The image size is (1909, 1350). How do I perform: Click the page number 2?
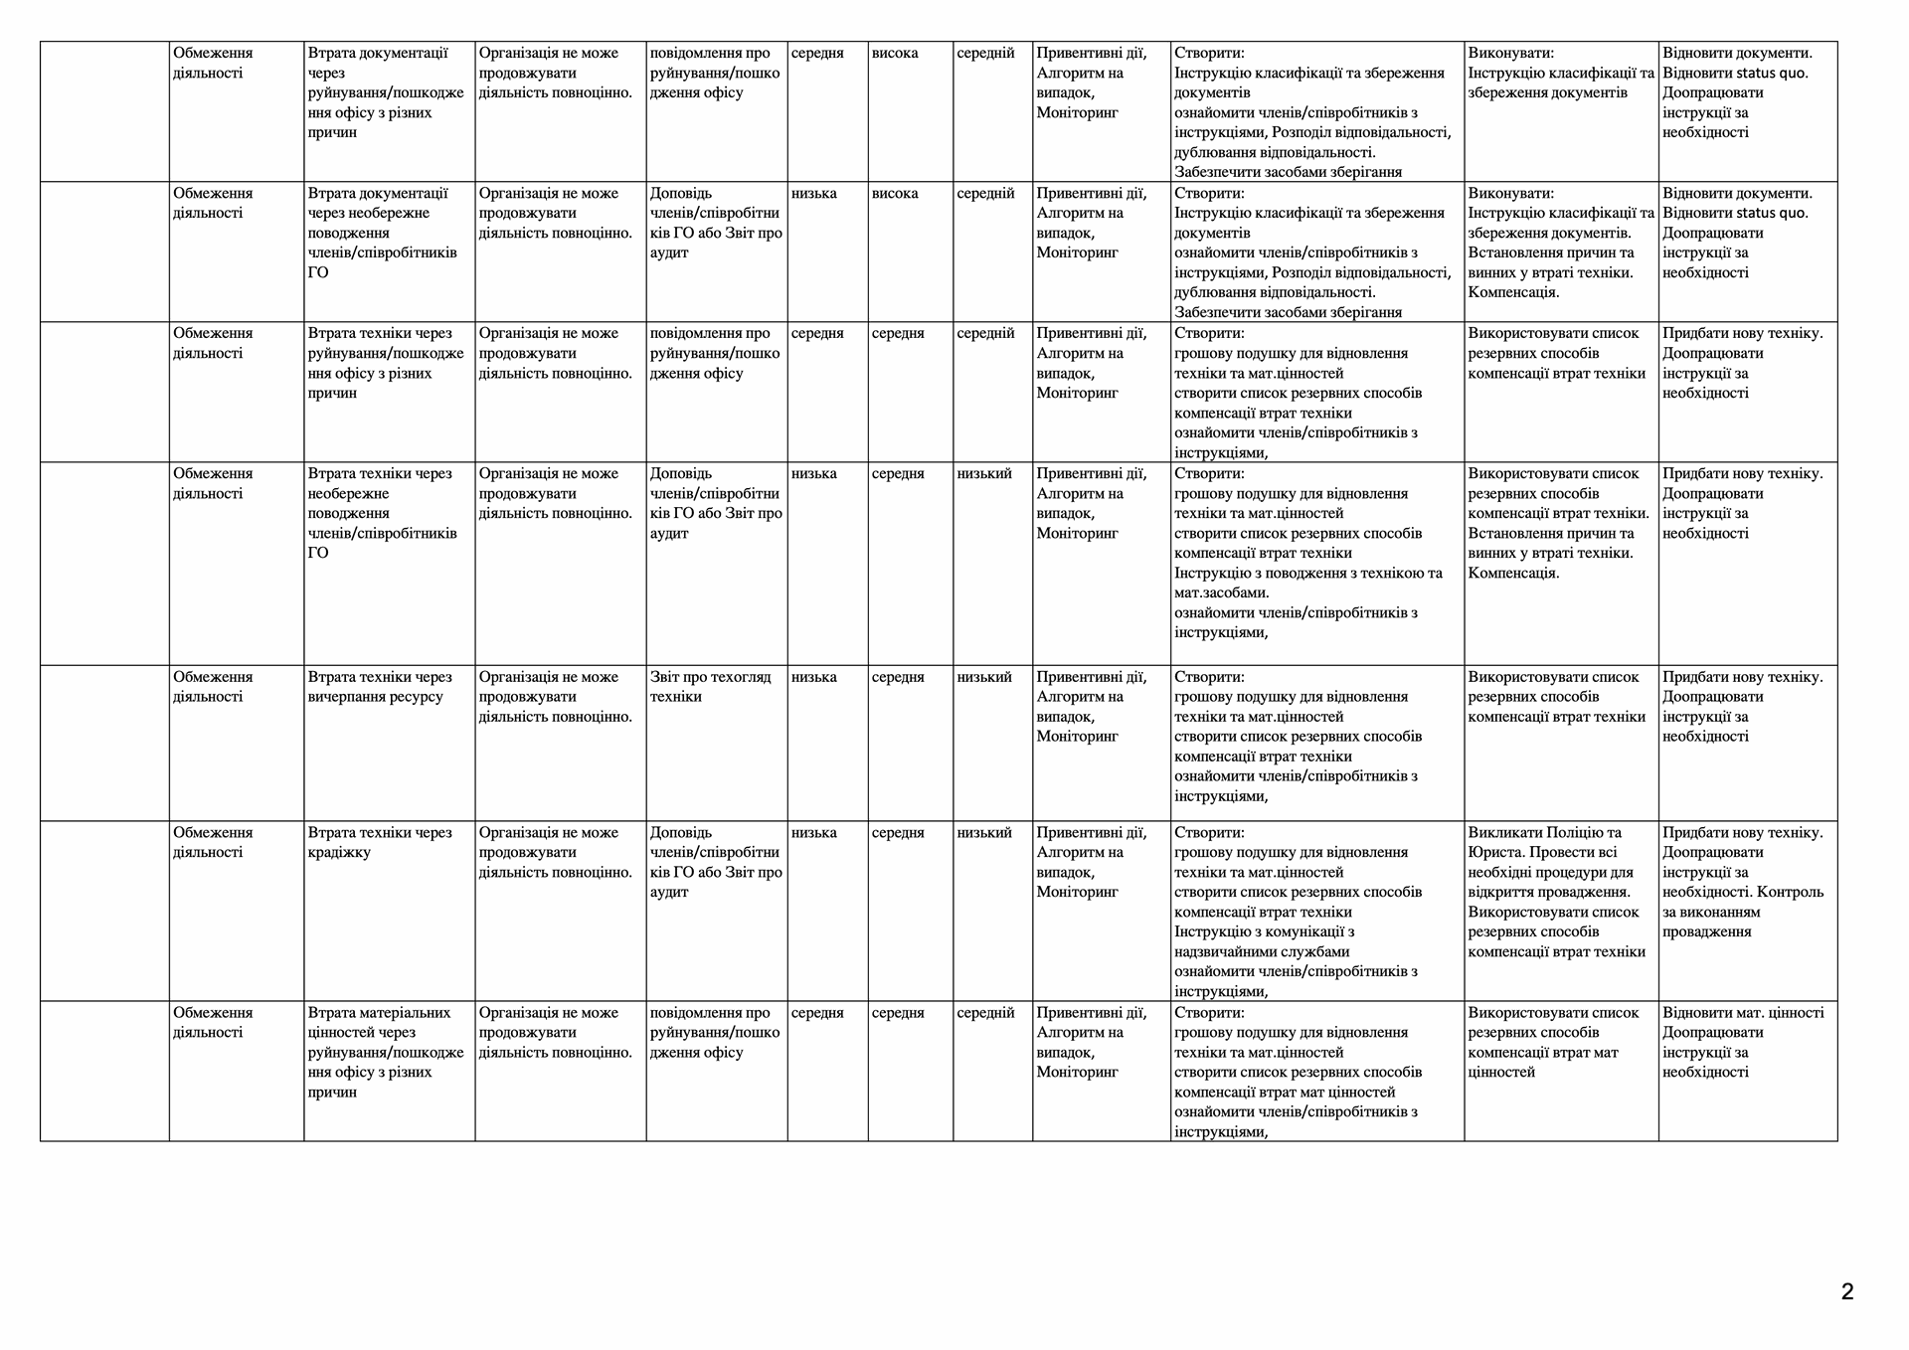pyautogui.click(x=1847, y=1292)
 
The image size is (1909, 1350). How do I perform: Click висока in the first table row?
pyautogui.click(x=895, y=54)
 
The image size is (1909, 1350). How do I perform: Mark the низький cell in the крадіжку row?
pyautogui.click(x=984, y=833)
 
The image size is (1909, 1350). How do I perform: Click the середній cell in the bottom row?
pyautogui.click(x=985, y=1013)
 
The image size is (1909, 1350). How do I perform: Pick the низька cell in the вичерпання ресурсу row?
pyautogui.click(x=813, y=677)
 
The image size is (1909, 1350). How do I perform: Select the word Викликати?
pyautogui.click(x=1502, y=833)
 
